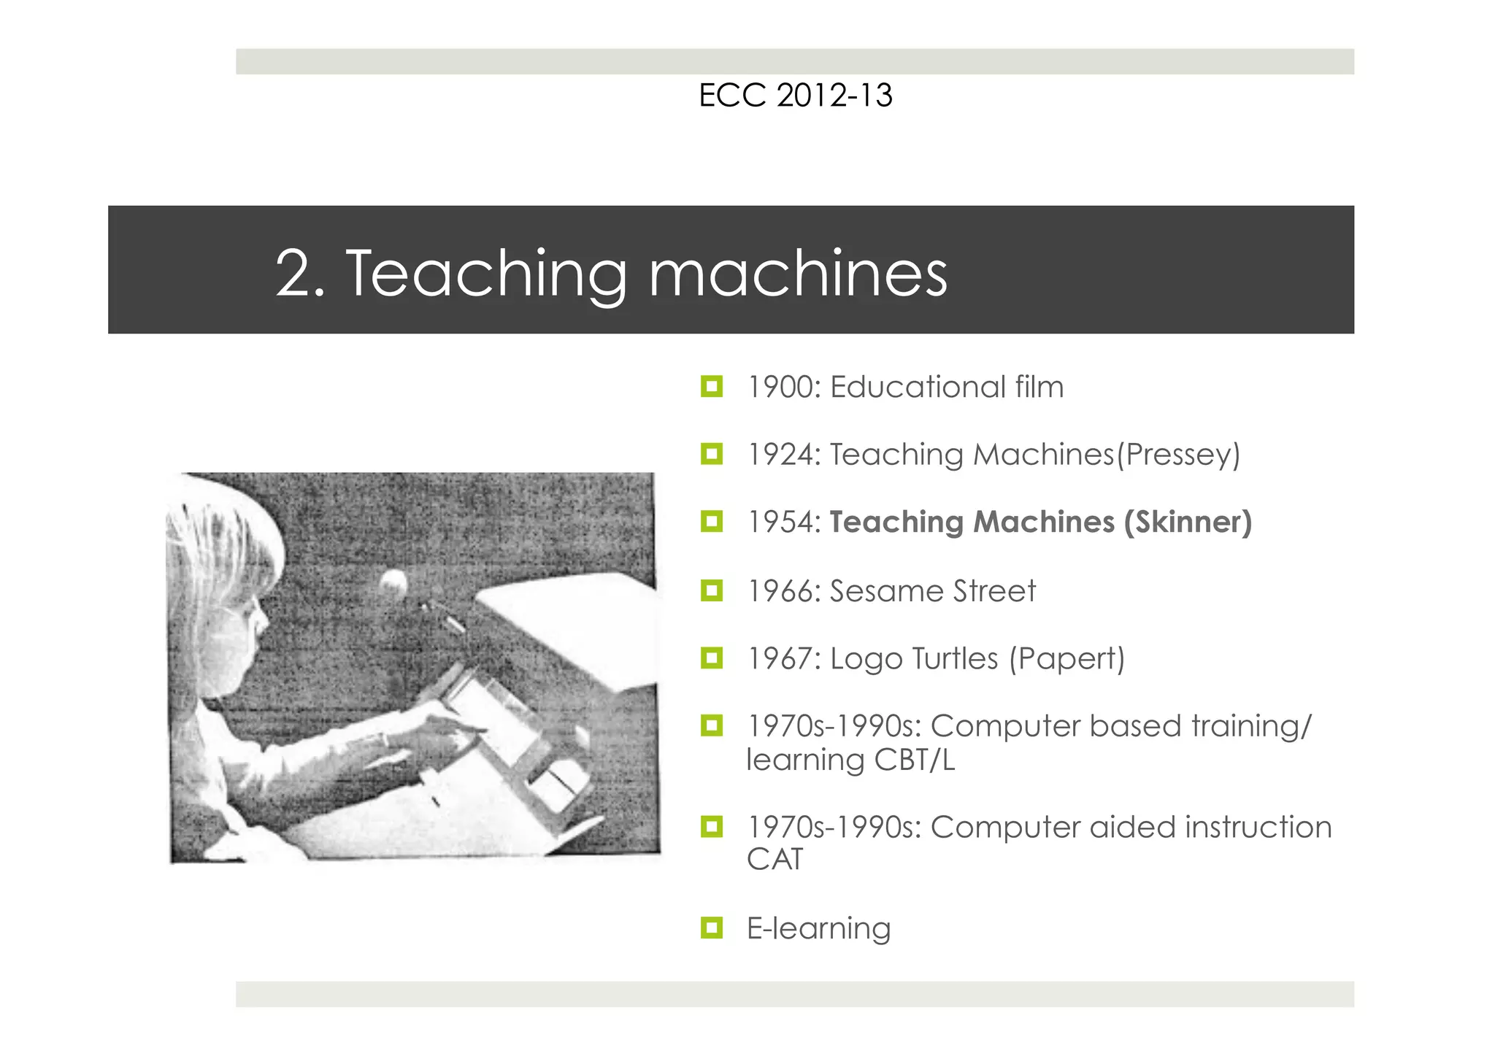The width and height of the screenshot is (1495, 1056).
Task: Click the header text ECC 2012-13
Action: tap(795, 96)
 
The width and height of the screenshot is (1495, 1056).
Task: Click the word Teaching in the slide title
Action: tap(485, 274)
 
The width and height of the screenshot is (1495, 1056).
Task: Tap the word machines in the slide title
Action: tap(798, 274)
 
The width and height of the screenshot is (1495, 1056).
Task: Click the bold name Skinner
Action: tap(1188, 522)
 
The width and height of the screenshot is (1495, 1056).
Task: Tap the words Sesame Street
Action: tap(932, 591)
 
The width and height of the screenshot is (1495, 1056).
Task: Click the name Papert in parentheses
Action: tap(1067, 659)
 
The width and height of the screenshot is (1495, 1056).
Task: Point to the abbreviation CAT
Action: tap(775, 859)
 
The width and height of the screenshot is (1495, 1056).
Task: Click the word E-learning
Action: tap(818, 928)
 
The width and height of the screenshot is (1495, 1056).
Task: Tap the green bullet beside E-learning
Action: tap(711, 928)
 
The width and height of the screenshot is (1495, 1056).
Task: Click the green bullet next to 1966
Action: tap(711, 590)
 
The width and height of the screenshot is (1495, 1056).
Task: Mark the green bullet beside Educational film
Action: tap(711, 386)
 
